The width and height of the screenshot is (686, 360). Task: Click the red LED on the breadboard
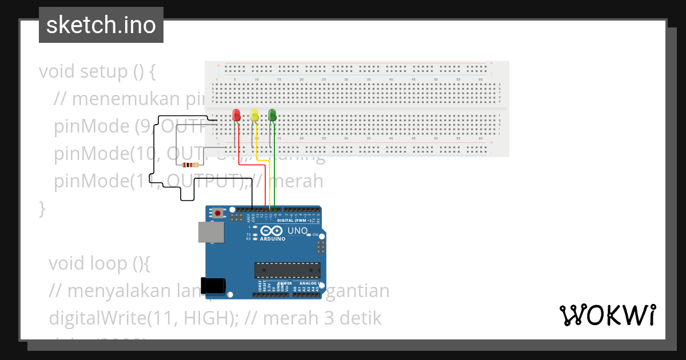point(236,115)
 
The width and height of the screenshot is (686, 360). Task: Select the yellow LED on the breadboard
point(254,115)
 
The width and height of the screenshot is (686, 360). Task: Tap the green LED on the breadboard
point(273,115)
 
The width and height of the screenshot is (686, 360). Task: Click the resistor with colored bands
point(189,165)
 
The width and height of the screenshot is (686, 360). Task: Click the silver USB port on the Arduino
point(211,232)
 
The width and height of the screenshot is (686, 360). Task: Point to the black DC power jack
point(216,285)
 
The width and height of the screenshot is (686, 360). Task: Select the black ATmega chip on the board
point(288,270)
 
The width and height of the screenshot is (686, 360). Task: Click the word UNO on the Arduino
point(297,231)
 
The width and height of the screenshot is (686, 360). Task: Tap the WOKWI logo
point(607,315)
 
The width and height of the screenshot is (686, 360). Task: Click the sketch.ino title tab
point(101,25)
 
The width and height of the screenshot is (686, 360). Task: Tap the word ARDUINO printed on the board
point(272,239)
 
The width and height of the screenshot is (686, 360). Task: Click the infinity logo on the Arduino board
point(272,230)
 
